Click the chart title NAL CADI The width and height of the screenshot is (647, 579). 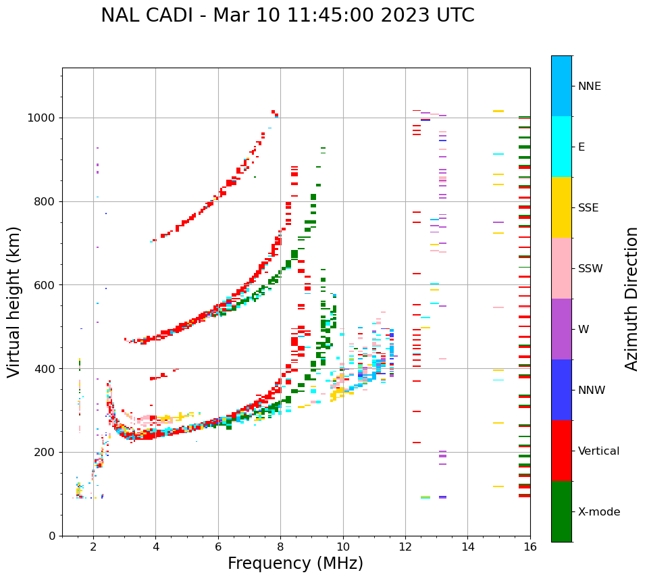coord(287,16)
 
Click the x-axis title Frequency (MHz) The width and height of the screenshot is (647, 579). coord(295,563)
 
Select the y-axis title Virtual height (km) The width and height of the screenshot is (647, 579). coord(14,302)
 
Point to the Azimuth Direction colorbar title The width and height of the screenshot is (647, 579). coord(631,299)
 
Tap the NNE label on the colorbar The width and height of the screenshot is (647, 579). coord(589,86)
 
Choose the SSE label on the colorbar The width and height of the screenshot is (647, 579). coord(588,208)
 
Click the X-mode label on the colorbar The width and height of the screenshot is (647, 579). coord(598,512)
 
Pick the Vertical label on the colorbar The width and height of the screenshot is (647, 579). coord(598,451)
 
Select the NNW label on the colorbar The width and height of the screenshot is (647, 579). coord(591,391)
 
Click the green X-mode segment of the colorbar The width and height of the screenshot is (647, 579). coord(561,511)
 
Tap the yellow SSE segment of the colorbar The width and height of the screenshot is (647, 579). coord(561,207)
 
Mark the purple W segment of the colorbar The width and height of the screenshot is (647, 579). coord(561,329)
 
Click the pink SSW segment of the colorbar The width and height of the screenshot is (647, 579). coord(561,268)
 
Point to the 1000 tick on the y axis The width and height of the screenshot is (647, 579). coord(45,118)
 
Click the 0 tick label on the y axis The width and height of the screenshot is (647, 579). coord(53,536)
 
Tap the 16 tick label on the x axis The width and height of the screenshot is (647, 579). coord(530,547)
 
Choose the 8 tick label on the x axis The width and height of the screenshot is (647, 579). coord(280,547)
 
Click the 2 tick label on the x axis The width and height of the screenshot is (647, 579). coord(93,547)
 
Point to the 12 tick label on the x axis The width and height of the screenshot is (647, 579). coord(405,547)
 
